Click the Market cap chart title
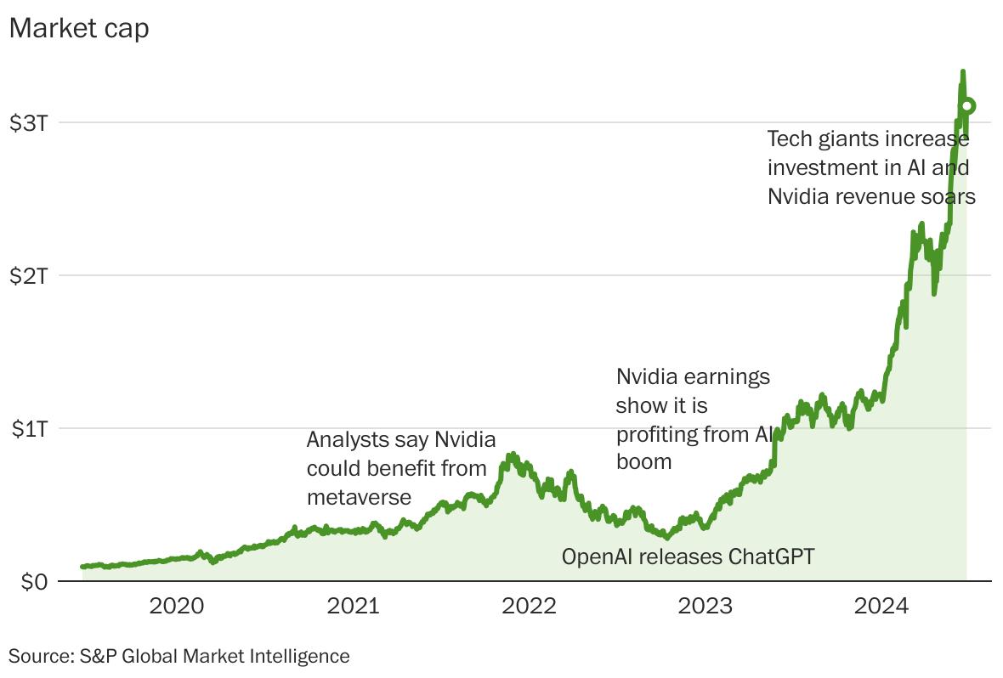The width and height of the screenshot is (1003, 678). (x=78, y=28)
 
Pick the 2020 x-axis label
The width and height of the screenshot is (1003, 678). (x=176, y=607)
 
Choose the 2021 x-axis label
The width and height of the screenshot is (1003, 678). (x=353, y=607)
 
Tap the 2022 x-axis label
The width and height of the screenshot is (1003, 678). (x=529, y=607)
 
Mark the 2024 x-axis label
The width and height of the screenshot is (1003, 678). (x=881, y=607)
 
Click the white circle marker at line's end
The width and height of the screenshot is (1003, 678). (x=967, y=106)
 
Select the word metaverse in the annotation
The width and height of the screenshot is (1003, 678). (x=359, y=497)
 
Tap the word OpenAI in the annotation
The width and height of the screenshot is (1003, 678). (x=597, y=557)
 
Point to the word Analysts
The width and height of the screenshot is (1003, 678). (x=343, y=440)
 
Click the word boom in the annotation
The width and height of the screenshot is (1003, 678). (x=643, y=462)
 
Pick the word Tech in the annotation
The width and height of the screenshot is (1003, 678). (x=787, y=138)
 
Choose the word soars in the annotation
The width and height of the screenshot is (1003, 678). (x=948, y=196)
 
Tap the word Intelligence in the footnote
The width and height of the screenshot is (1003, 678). (x=301, y=656)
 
